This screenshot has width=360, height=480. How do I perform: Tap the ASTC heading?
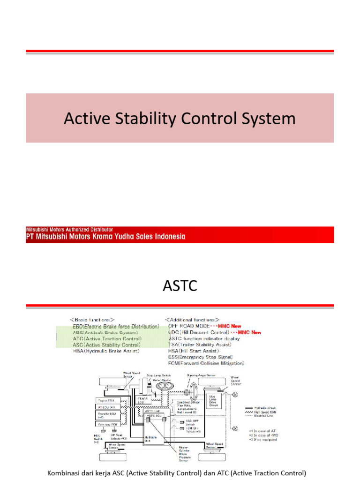pyautogui.click(x=180, y=285)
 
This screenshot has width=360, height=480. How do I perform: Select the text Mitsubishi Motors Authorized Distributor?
pyautogui.click(x=69, y=230)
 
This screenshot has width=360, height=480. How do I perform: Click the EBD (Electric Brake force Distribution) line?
pyautogui.click(x=115, y=325)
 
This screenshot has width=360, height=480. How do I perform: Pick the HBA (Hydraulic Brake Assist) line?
pyautogui.click(x=106, y=350)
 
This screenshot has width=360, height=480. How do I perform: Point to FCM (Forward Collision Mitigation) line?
pyautogui.click(x=206, y=363)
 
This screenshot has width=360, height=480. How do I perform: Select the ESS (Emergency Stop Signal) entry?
pyautogui.click(x=202, y=357)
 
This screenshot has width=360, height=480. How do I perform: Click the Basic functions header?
pyautogui.click(x=92, y=319)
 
